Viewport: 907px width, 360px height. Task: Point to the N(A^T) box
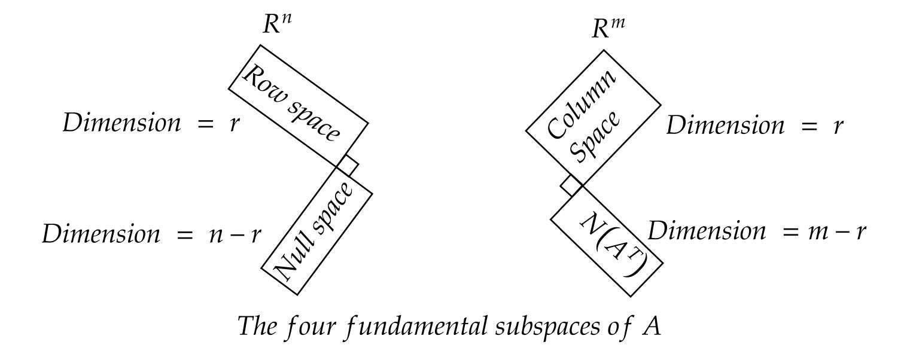tap(605, 246)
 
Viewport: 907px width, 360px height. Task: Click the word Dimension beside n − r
tap(100, 234)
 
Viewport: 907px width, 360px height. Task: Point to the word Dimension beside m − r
tap(706, 231)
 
